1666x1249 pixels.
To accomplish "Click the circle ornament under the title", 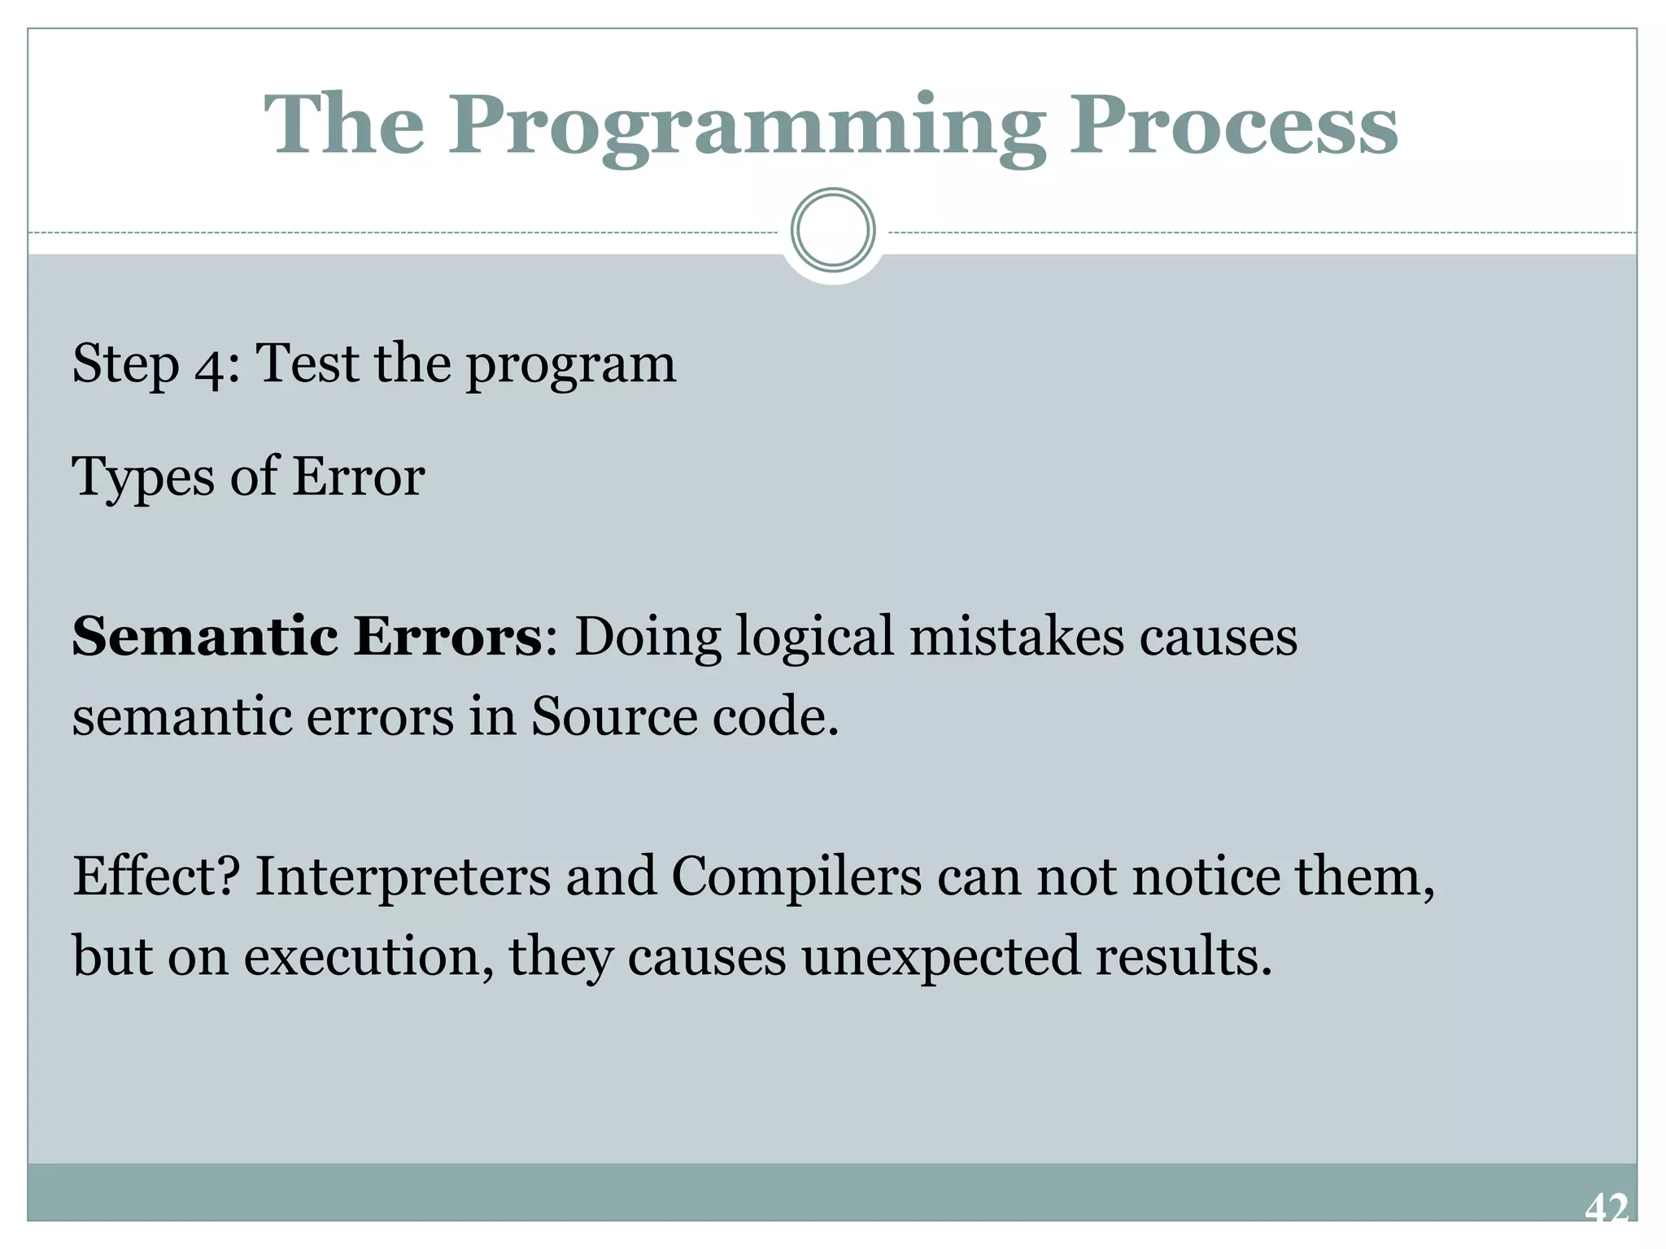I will (832, 230).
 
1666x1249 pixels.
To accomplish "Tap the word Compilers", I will (796, 878).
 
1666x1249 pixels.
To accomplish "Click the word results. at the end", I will (1184, 956).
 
